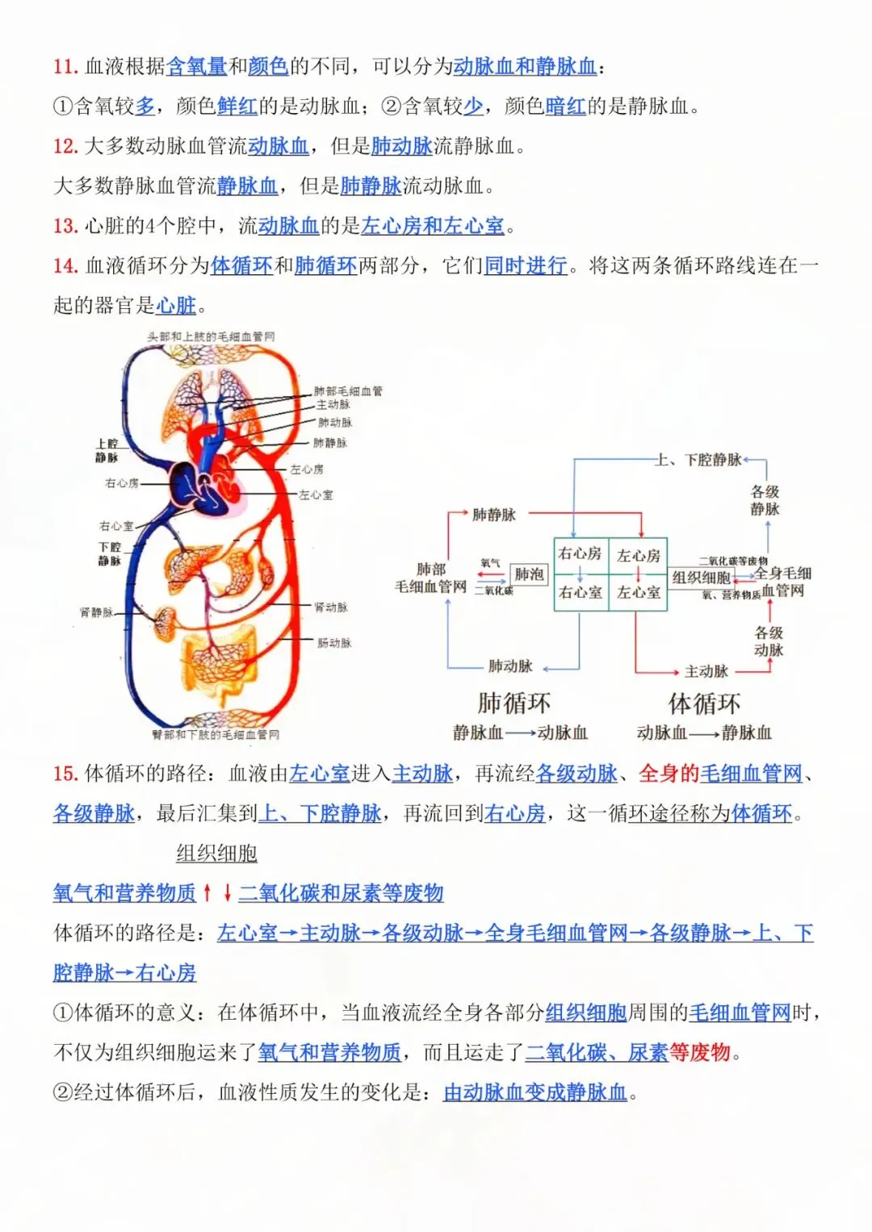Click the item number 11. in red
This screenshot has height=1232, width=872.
[65, 66]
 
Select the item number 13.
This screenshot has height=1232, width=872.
[65, 226]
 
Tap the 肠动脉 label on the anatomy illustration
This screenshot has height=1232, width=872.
[334, 643]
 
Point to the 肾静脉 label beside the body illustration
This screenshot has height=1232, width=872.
[97, 612]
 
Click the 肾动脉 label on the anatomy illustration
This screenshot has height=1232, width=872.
[332, 607]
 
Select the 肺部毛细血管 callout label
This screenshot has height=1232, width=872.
[348, 391]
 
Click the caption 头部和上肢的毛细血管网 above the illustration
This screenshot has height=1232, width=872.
[211, 336]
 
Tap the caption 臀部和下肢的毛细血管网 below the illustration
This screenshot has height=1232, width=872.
[216, 735]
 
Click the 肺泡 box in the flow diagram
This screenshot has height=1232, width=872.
[529, 574]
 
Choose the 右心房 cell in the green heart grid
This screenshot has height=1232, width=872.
[580, 553]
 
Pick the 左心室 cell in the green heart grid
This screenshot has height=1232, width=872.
[639, 592]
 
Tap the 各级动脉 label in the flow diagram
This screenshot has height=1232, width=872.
[769, 641]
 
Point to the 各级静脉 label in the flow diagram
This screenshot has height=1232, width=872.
[765, 500]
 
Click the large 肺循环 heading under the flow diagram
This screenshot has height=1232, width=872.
[514, 704]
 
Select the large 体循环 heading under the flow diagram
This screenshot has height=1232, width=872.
[704, 704]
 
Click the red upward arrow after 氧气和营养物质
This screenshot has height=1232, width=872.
[208, 892]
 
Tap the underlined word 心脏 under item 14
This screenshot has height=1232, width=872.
[176, 306]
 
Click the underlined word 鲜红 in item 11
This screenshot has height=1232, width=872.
[237, 106]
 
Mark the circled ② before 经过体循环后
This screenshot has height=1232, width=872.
[63, 1092]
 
